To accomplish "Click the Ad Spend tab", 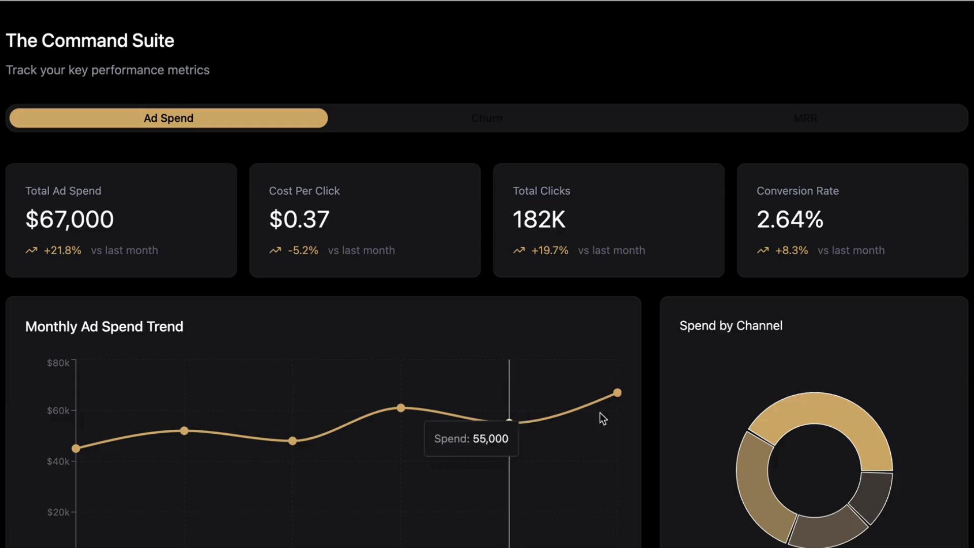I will pos(168,118).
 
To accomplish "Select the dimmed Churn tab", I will pos(486,118).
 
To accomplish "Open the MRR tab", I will pos(805,118).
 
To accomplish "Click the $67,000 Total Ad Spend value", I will pos(69,219).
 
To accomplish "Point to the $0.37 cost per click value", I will pos(299,219).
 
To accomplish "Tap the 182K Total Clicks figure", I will pos(539,219).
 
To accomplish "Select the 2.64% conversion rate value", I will pos(790,219).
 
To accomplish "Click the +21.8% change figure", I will pos(62,250).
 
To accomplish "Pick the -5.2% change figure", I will pos(303,250).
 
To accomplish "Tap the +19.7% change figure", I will pos(550,250).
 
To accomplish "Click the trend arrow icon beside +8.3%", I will pos(762,250).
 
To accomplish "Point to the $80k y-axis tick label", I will pos(58,363).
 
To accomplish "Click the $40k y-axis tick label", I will pos(58,461).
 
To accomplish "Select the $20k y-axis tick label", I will pos(58,512).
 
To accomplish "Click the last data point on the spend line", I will pos(617,393).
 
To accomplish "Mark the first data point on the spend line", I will pos(76,449).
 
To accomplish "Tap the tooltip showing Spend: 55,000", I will pos(471,439).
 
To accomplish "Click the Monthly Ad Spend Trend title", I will pos(104,326).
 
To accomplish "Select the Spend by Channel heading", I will pos(730,326).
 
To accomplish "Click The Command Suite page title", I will pos(90,41).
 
